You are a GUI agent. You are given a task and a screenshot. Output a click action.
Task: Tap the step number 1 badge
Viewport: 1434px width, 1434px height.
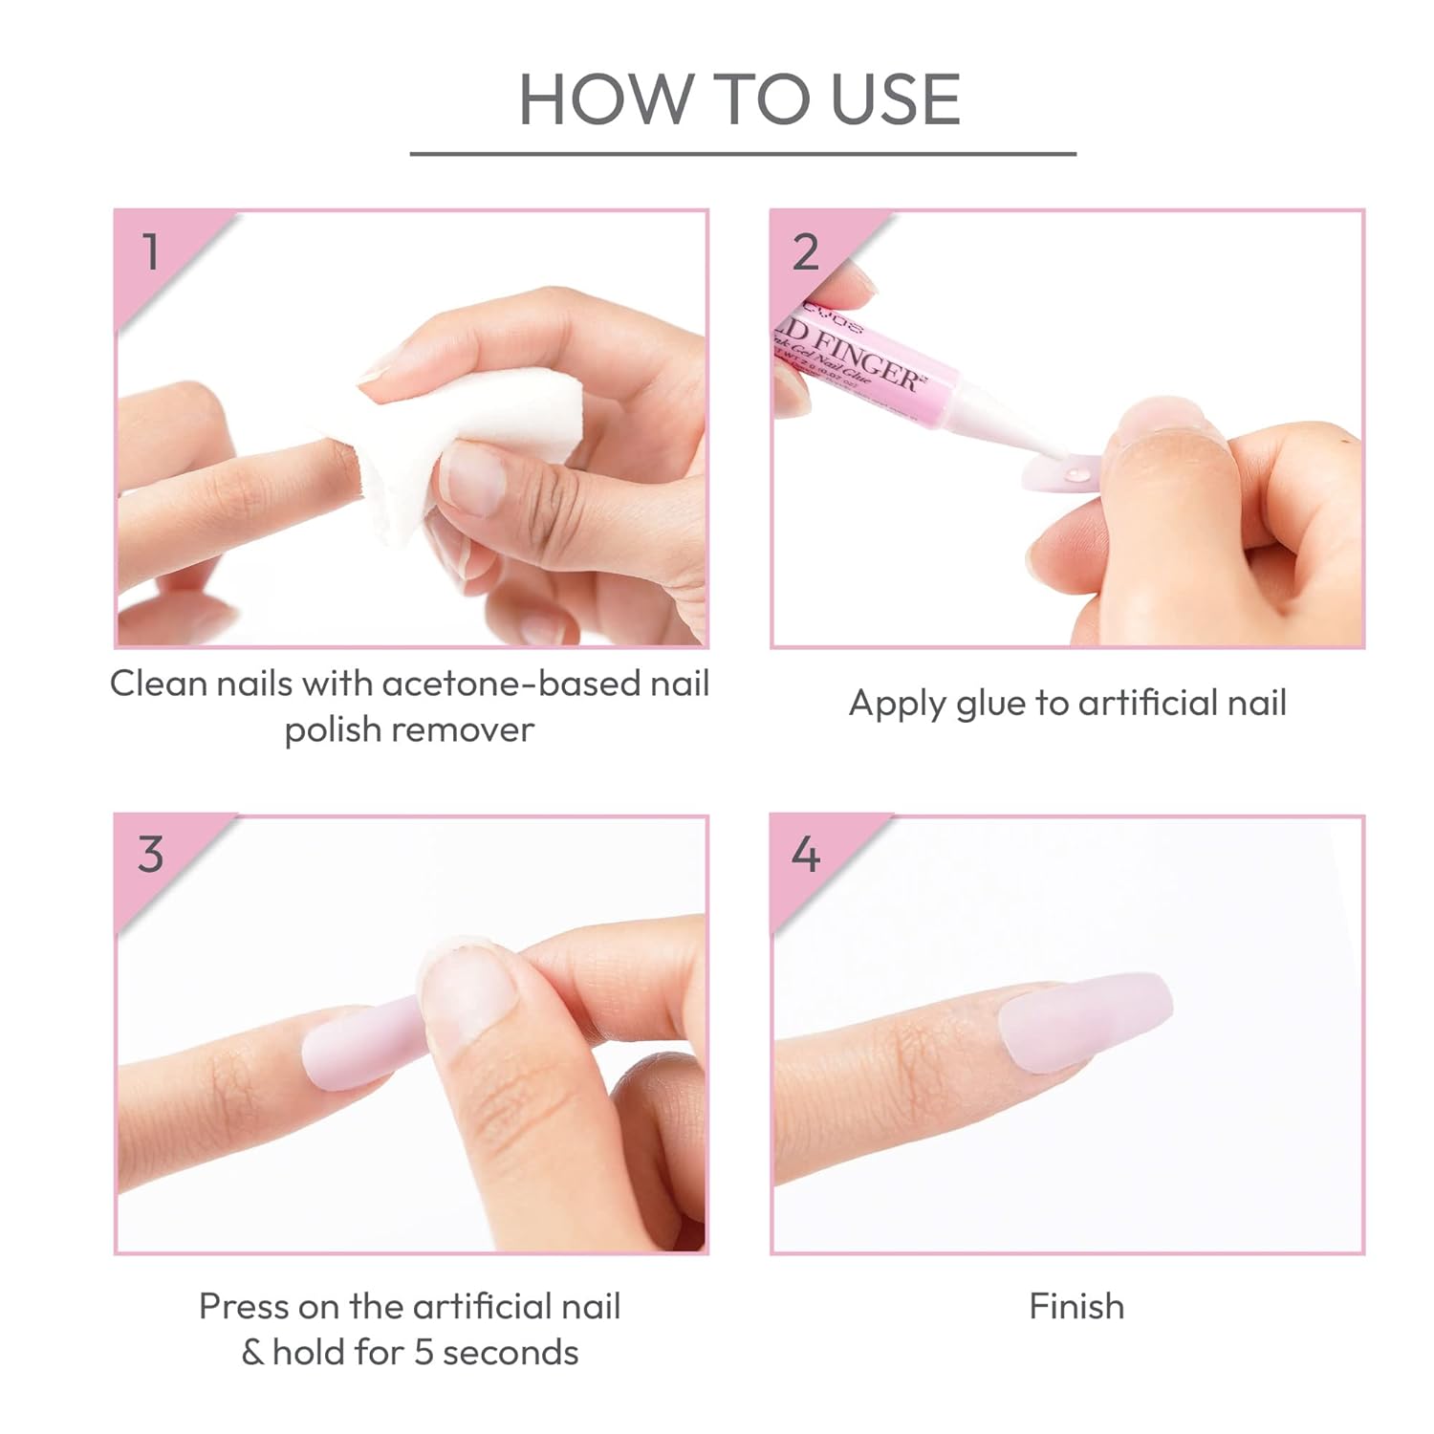[151, 252]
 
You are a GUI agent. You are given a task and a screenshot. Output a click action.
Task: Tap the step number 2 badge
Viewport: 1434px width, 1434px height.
[806, 252]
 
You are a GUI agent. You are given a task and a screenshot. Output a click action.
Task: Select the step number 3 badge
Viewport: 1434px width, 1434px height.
[151, 854]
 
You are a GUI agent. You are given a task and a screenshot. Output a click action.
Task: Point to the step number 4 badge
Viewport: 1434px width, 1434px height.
[806, 854]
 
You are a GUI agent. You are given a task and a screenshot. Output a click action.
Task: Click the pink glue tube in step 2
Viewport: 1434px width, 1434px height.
[860, 363]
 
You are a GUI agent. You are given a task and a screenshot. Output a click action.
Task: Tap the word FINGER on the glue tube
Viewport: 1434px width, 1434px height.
[865, 358]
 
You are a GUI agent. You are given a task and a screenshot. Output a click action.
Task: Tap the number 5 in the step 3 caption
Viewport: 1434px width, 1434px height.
[424, 1353]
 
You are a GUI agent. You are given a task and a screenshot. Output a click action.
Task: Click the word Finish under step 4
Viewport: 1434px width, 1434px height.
[1076, 1306]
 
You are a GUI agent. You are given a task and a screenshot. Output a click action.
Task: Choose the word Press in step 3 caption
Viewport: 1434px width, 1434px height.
[243, 1306]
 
